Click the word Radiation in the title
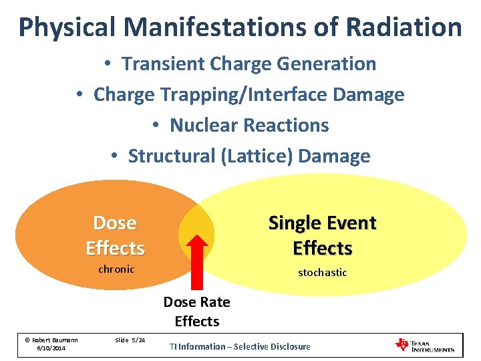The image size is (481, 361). click(x=404, y=27)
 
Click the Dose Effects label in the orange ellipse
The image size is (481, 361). click(x=115, y=235)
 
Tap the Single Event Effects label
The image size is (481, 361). click(x=322, y=235)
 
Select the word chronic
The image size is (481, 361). click(x=116, y=269)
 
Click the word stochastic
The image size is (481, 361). click(x=322, y=273)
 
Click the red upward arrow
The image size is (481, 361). click(x=196, y=261)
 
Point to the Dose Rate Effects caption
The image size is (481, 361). click(x=196, y=312)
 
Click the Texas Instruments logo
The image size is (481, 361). click(x=425, y=345)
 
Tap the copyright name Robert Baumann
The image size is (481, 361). click(x=51, y=340)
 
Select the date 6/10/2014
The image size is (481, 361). click(x=51, y=349)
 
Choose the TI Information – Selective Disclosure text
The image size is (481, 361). click(x=240, y=346)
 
